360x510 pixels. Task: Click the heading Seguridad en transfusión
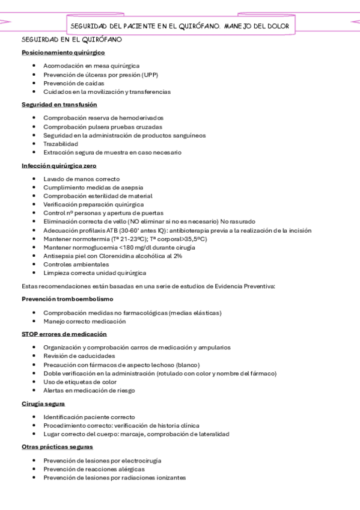click(x=59, y=105)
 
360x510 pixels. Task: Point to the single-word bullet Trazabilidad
click(x=61, y=144)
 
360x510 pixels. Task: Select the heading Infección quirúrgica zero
click(x=59, y=165)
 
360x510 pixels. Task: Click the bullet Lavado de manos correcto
click(x=81, y=179)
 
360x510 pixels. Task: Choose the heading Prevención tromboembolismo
click(x=67, y=299)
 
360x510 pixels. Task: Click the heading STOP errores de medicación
click(x=64, y=334)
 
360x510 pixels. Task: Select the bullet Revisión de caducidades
click(x=79, y=356)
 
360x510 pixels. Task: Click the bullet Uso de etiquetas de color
click(x=80, y=382)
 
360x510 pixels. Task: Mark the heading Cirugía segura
click(x=43, y=404)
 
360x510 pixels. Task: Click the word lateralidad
click(x=214, y=434)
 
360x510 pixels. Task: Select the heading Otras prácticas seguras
click(x=57, y=447)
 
